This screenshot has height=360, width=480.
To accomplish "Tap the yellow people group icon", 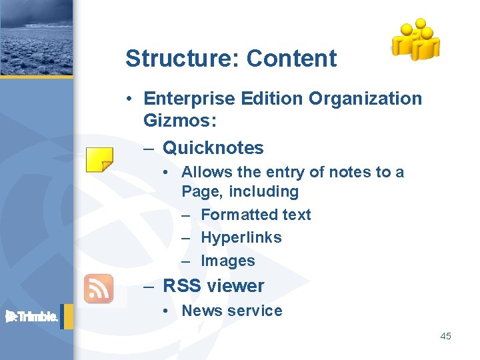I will pyautogui.click(x=415, y=39).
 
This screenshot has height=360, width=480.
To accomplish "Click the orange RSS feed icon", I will pyautogui.click(x=98, y=288).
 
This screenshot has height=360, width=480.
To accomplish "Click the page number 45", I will pyautogui.click(x=445, y=336).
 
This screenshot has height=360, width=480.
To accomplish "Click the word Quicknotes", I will pyautogui.click(x=213, y=147).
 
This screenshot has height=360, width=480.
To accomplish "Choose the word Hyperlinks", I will pyautogui.click(x=241, y=237).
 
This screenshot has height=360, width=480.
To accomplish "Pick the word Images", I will pyautogui.click(x=227, y=261).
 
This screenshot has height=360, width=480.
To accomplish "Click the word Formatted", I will pyautogui.click(x=229, y=215).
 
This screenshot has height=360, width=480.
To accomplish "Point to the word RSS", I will pyautogui.click(x=182, y=286).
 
